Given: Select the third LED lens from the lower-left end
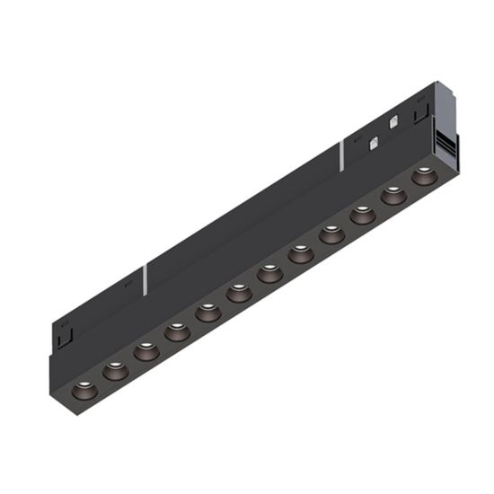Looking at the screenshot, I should click(146, 350).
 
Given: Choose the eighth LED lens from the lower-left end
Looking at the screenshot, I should click(301, 255).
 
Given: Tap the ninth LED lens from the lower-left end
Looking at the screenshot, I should click(331, 235).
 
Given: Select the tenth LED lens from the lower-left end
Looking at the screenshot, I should click(362, 215).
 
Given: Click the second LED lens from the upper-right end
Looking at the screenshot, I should click(393, 195).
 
